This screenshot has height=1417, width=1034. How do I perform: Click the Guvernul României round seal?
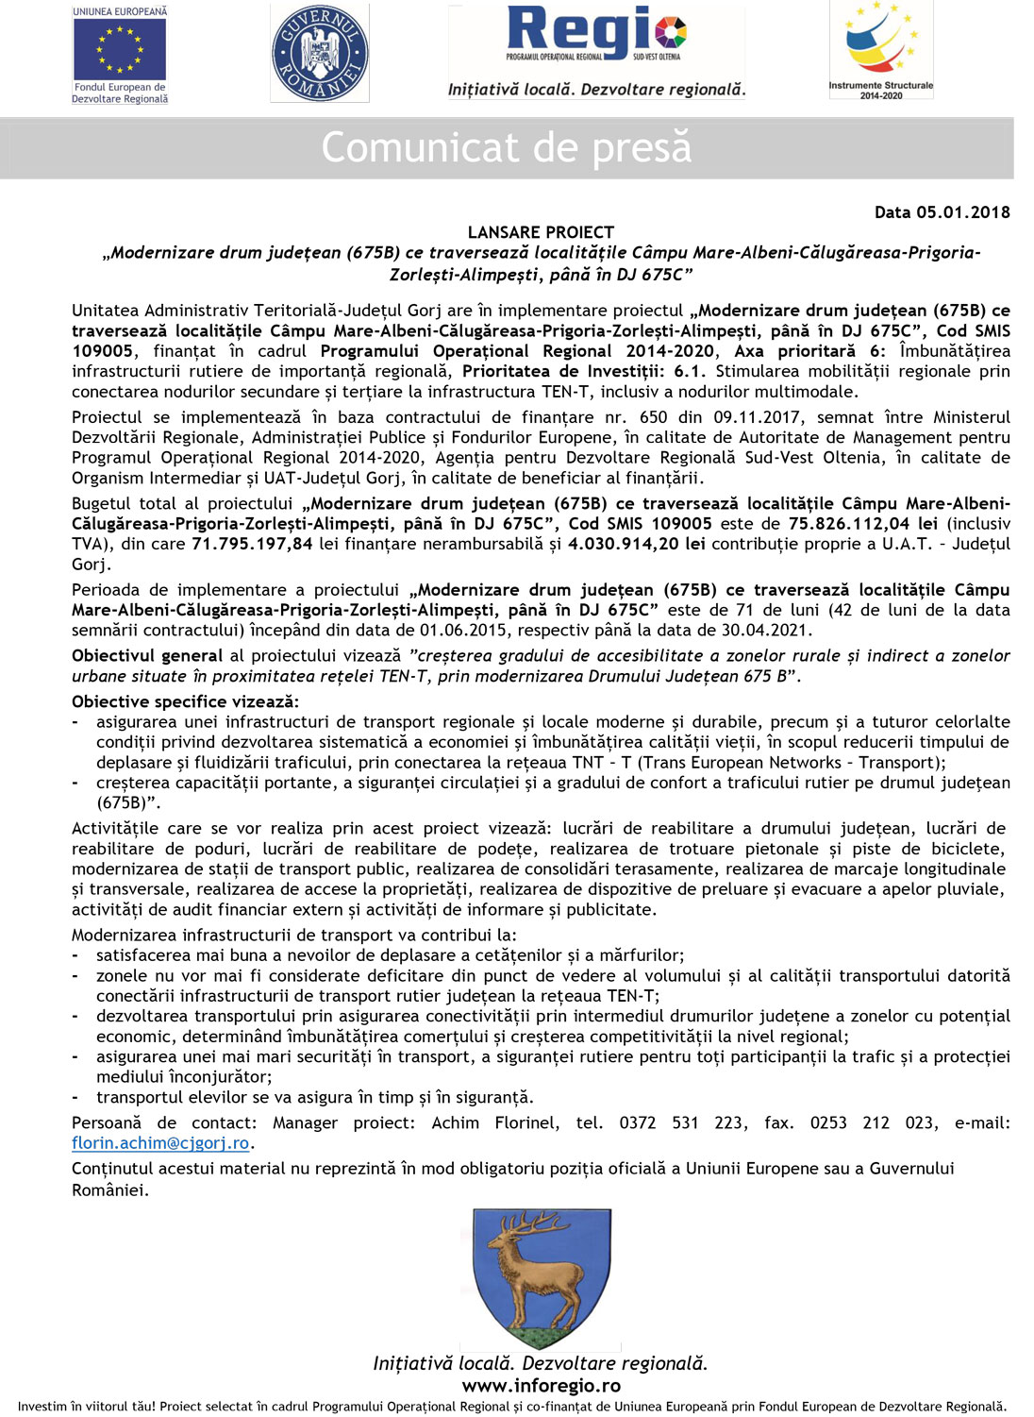point(320,53)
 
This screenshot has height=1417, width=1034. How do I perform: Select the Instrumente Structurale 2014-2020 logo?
point(881,46)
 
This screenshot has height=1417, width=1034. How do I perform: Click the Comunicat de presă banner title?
point(507,148)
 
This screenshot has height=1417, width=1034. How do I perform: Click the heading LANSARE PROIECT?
point(541,232)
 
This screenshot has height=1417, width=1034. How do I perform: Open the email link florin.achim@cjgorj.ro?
point(160,1143)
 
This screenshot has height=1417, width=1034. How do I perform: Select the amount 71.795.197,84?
point(252,544)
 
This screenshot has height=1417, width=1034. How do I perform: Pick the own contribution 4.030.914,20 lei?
point(637,544)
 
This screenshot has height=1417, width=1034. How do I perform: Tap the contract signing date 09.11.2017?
point(758,417)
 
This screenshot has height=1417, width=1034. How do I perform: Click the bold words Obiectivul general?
point(147,656)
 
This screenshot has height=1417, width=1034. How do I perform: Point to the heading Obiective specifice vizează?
point(185,701)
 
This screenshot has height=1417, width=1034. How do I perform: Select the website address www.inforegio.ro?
point(541,1386)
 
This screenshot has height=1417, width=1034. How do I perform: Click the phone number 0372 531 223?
point(680,1123)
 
